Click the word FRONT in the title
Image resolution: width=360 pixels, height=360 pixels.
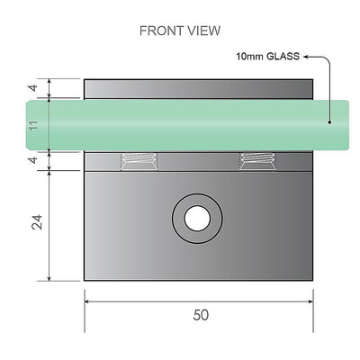159,30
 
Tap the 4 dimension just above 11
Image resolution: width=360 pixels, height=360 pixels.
33,89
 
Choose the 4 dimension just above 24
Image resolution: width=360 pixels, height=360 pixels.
33,160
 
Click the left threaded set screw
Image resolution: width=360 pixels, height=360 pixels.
138,161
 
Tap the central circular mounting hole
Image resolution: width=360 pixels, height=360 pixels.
195,218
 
